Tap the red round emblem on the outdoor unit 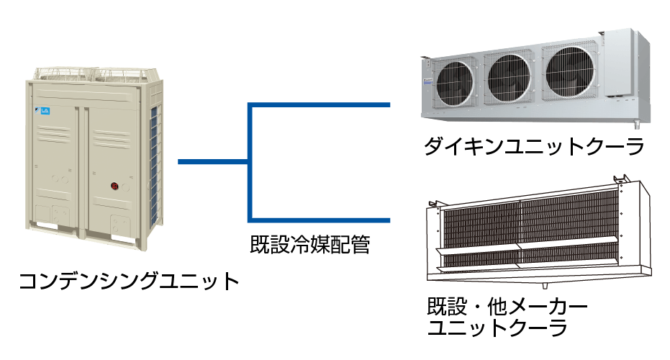point(114,186)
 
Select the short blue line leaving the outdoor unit point(212,162)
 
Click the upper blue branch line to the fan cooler point(320,105)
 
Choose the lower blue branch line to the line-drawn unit point(320,219)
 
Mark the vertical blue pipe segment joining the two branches point(249,162)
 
